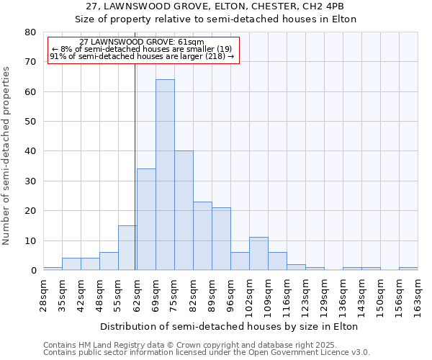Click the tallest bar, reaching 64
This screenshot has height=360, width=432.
(x=165, y=175)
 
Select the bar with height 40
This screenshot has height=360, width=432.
(x=184, y=210)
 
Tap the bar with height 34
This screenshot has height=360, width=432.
(x=146, y=220)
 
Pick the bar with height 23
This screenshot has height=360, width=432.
(x=202, y=236)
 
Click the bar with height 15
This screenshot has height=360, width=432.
(x=127, y=248)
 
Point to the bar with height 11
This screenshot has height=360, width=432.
(x=258, y=253)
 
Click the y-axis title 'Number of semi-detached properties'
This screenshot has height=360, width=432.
(x=7, y=156)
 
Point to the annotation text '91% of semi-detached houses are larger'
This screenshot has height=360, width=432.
(x=142, y=56)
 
